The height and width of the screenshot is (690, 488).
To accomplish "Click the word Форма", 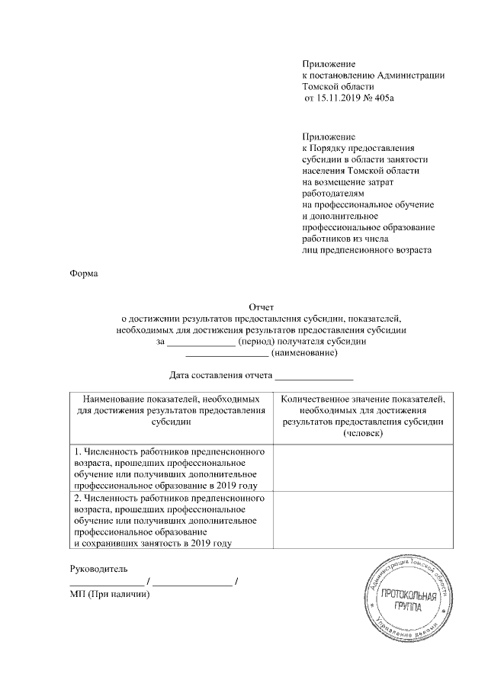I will (83, 273).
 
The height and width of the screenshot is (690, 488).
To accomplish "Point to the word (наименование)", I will (304, 353).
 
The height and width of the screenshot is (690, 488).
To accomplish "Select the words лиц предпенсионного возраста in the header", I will (367, 250).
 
